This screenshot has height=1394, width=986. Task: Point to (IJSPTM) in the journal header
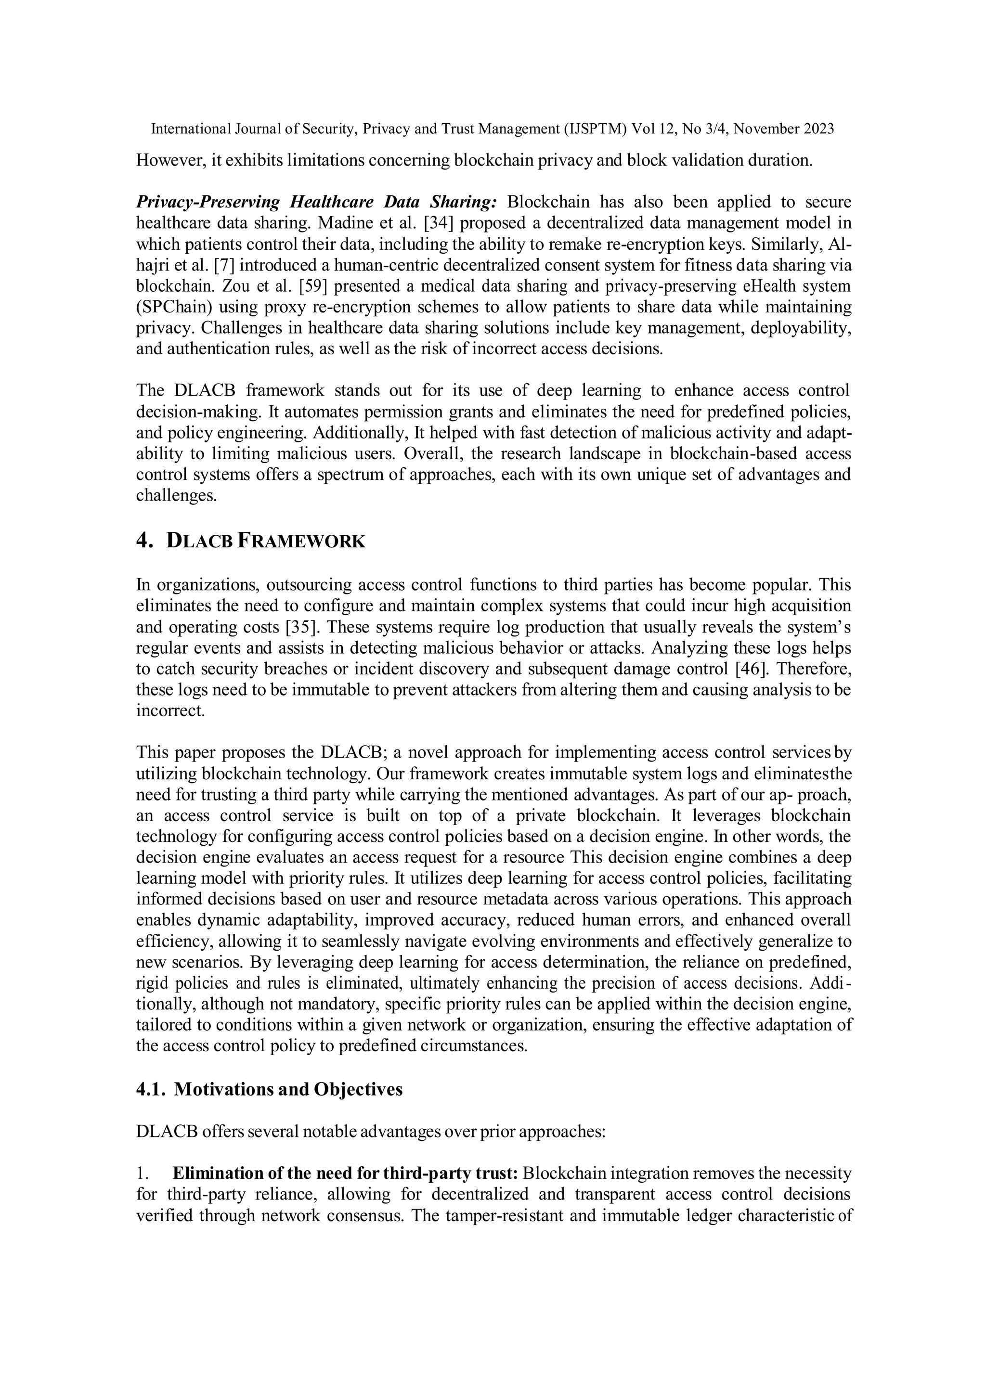598,129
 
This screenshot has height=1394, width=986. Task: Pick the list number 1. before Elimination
142,1173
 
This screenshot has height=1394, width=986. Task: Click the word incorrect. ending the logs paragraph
170,710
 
